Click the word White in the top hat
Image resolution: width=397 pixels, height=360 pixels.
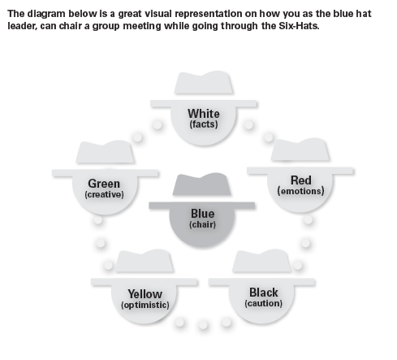(204, 114)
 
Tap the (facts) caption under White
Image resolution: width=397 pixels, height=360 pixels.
(204, 124)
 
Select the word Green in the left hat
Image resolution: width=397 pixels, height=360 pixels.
(104, 184)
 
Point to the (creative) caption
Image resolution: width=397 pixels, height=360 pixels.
(104, 194)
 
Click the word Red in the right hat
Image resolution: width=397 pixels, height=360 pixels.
(301, 180)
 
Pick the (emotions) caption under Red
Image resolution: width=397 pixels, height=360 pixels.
(300, 191)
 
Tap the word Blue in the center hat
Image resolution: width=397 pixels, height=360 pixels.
(203, 214)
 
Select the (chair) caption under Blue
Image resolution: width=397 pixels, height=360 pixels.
(202, 224)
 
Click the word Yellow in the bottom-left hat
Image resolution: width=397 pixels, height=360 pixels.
(145, 294)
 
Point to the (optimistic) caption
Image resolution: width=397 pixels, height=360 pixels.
(145, 305)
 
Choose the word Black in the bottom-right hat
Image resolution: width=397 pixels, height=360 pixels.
(264, 293)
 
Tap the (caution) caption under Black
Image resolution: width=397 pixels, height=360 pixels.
(264, 303)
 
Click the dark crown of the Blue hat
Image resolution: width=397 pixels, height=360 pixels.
(202, 184)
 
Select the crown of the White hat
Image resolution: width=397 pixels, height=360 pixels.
(204, 83)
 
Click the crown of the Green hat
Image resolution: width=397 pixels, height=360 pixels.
(105, 152)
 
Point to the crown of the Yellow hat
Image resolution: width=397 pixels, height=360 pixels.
(145, 261)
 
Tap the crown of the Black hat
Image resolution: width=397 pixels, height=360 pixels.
(261, 260)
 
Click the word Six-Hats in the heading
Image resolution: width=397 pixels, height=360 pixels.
(299, 26)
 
